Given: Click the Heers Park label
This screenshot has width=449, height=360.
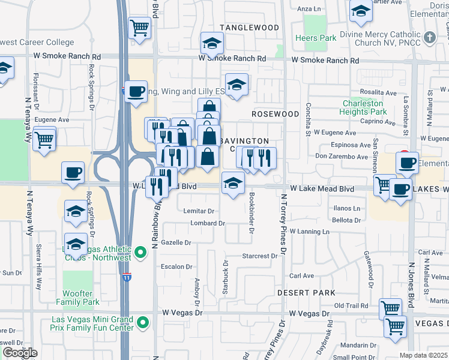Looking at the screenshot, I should click(315, 38).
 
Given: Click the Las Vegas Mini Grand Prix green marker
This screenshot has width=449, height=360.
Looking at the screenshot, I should click(142, 323).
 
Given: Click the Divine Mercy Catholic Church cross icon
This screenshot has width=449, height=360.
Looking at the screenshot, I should click(429, 37).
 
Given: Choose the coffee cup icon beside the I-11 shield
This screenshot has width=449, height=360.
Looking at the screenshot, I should click(135, 91).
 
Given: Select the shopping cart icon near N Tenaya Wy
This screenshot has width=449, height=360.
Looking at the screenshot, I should click(44, 140).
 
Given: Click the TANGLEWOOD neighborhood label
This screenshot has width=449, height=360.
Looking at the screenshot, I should click(249, 28).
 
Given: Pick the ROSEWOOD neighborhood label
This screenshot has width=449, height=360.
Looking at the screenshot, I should click(275, 114).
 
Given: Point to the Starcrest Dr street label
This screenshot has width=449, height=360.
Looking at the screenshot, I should click(260, 256).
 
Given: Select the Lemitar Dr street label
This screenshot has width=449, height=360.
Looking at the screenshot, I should click(199, 211).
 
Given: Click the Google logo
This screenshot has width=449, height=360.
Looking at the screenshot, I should click(20, 353).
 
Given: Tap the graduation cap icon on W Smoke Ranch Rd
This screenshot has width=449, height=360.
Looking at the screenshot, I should click(211, 43).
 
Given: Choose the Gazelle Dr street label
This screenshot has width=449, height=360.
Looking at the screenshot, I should click(176, 242).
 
